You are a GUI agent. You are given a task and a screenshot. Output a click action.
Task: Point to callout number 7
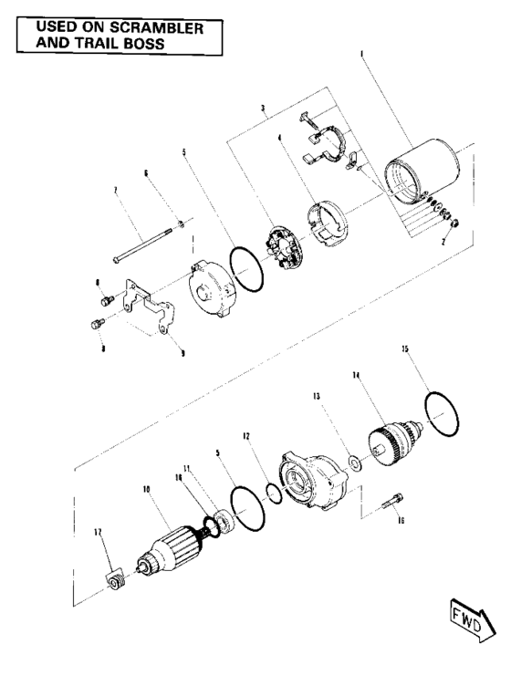(x=116, y=192)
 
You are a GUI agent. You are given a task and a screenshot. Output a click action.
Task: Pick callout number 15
(x=405, y=348)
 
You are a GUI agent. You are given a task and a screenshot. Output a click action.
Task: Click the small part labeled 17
(x=116, y=580)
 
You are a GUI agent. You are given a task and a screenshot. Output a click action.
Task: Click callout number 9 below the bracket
(x=182, y=352)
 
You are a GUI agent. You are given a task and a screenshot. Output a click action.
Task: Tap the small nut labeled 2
(x=455, y=223)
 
